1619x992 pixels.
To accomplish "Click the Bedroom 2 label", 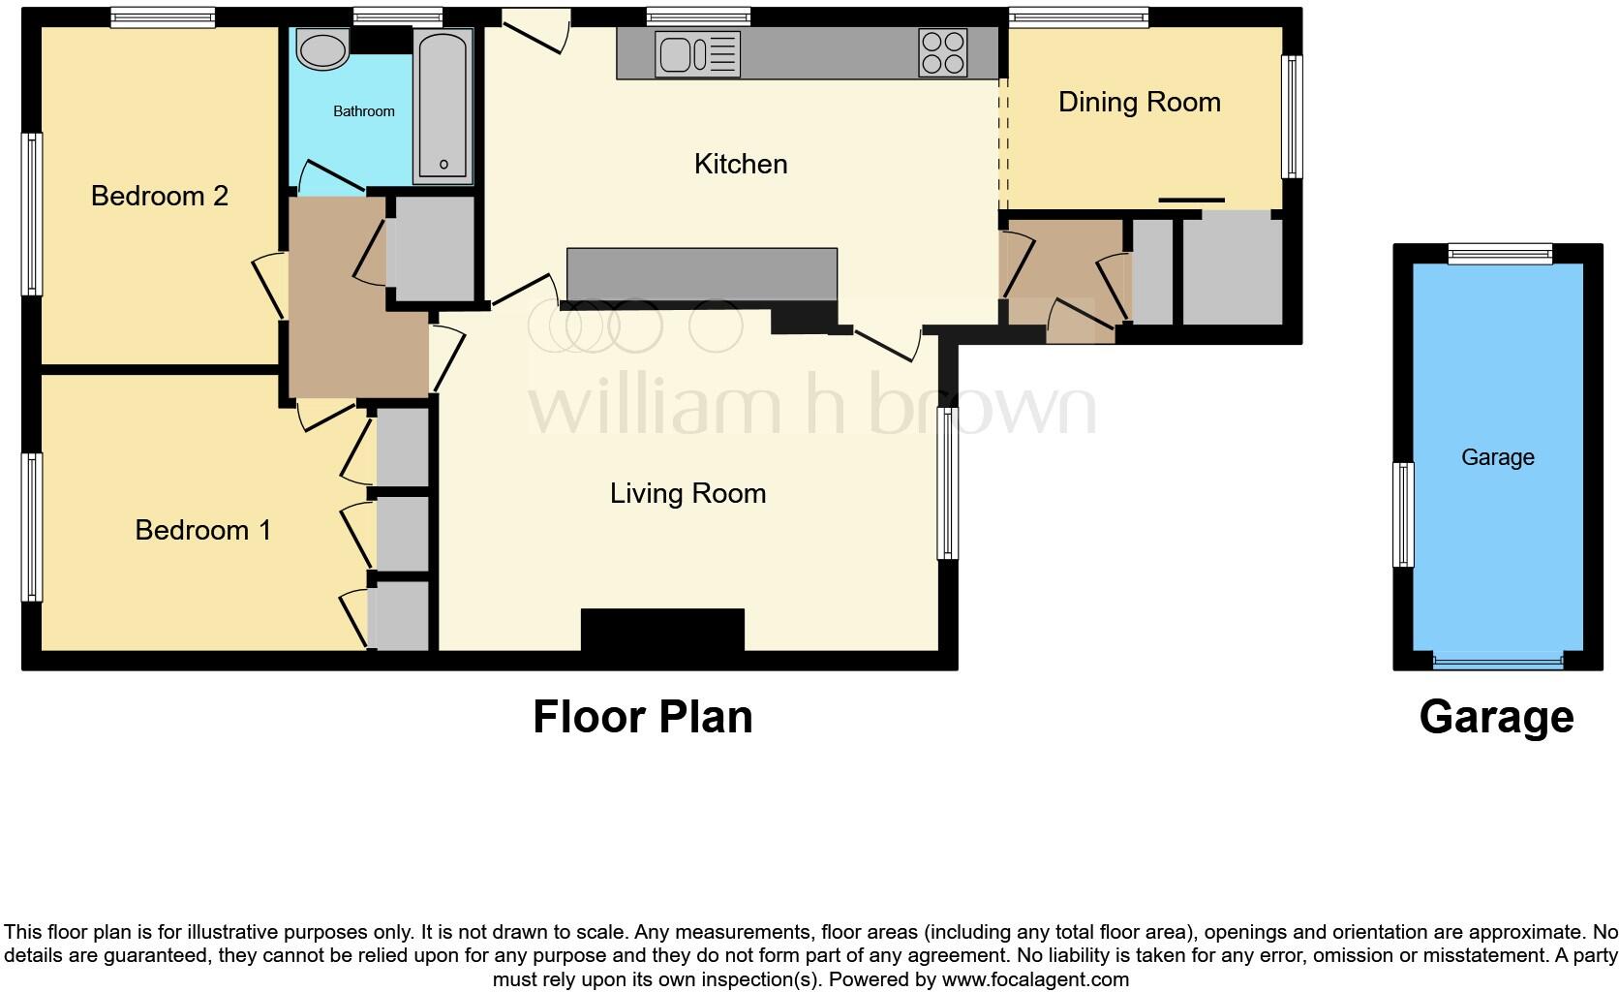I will [159, 196].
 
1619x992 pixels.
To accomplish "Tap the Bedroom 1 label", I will [202, 530].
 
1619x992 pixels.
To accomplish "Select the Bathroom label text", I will [363, 111].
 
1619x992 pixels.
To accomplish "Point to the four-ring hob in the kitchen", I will [942, 52].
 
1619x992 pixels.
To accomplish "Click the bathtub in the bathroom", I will [443, 106].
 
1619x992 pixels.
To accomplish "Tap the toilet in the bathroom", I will [323, 48].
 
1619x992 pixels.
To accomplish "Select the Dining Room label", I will [1139, 102].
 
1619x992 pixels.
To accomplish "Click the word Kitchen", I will [741, 164].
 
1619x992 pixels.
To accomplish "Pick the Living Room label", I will [687, 493].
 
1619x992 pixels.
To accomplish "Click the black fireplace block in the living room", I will [662, 630].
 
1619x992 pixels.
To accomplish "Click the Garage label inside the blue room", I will [1497, 457].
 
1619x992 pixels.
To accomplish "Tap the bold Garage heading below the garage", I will [1496, 718].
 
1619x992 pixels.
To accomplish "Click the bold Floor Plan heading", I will [642, 718].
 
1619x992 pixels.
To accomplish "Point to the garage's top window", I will [1500, 254].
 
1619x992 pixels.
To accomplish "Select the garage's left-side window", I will [1403, 514].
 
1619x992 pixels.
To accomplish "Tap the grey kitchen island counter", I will [701, 274].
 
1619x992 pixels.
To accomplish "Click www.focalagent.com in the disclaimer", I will [1034, 979].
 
